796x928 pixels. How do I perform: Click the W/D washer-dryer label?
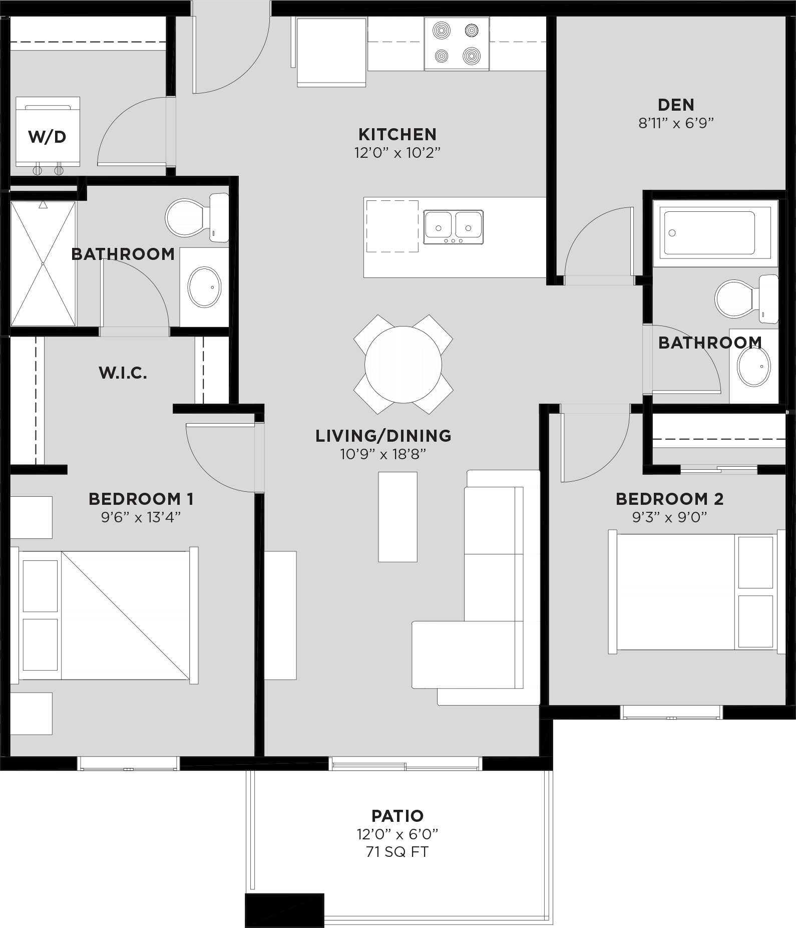[47, 137]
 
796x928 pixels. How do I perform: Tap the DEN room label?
[676, 105]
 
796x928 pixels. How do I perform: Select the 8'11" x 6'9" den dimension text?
[676, 123]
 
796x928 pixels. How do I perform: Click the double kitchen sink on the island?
[453, 227]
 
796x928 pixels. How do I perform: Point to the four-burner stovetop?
[457, 44]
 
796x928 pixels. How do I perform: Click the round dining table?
[403, 365]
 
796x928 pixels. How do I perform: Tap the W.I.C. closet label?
[123, 373]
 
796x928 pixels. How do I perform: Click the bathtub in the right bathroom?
[709, 233]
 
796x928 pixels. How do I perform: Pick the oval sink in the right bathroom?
[753, 367]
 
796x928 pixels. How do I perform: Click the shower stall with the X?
[43, 263]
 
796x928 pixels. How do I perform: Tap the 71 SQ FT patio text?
[397, 852]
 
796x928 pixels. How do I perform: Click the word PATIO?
[397, 816]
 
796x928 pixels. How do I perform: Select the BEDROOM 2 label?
[669, 499]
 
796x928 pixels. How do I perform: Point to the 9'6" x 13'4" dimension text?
[141, 517]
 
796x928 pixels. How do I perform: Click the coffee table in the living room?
[397, 517]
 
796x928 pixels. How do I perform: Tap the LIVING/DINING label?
[383, 436]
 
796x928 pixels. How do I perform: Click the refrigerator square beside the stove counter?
[331, 52]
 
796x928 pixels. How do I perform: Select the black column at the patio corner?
[284, 910]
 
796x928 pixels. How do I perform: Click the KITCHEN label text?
[397, 134]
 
